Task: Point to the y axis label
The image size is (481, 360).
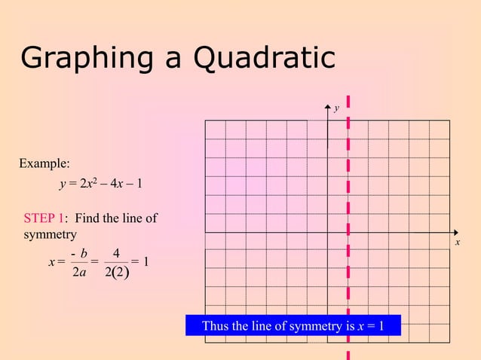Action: click(337, 108)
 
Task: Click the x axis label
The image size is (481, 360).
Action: click(457, 243)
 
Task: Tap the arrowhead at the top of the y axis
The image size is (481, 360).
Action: click(328, 108)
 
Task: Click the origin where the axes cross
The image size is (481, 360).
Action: click(328, 233)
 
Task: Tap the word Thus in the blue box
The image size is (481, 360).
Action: click(215, 326)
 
